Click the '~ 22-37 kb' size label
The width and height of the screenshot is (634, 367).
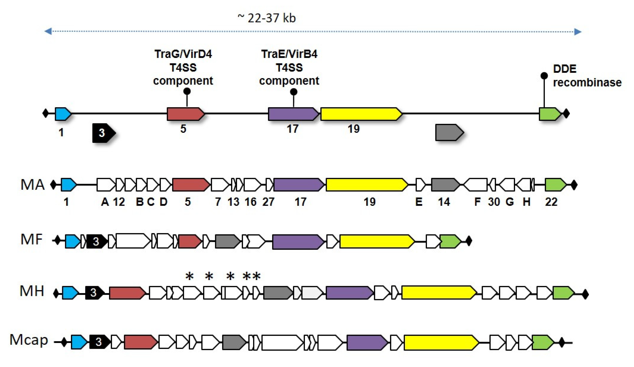(266, 18)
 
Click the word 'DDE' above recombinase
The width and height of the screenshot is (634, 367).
(564, 69)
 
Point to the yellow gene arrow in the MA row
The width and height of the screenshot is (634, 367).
(366, 185)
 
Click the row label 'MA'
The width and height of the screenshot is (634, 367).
(32, 185)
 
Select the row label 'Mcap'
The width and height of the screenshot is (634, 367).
(29, 340)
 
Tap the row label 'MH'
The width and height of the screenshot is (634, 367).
(32, 291)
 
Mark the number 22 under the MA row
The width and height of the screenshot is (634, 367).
(551, 202)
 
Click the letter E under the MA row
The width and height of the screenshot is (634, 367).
(419, 202)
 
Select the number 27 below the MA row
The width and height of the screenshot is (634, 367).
(268, 202)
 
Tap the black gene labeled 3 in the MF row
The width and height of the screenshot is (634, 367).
(96, 241)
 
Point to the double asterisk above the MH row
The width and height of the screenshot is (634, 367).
(252, 277)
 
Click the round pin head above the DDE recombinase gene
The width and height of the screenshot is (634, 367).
(544, 76)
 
